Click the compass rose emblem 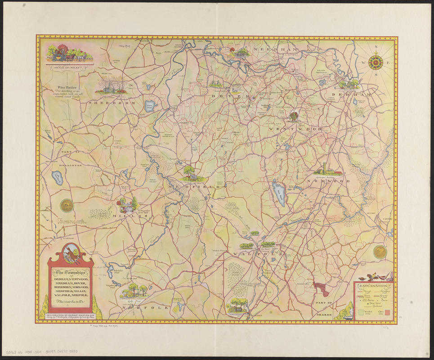point(376,62)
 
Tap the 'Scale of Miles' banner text point(70,68)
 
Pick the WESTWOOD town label point(295,129)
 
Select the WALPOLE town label point(257,254)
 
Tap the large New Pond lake point(279,193)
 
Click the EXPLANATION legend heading point(373,286)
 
